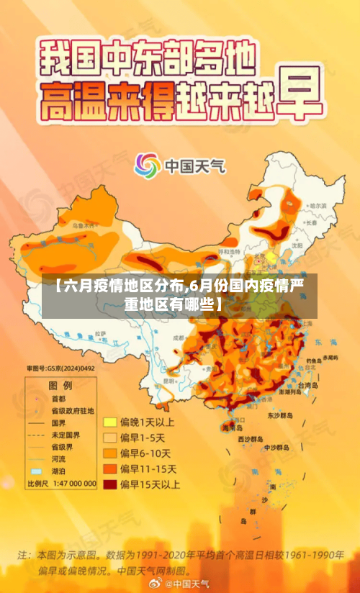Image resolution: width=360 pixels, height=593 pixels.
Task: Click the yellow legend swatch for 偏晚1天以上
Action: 110,421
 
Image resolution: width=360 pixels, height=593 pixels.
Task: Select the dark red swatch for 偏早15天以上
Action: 110,485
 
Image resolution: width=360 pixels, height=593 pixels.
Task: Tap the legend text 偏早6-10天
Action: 146,453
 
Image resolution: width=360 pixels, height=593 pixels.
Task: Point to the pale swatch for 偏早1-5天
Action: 110,437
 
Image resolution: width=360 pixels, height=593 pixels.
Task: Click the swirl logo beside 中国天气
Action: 148,166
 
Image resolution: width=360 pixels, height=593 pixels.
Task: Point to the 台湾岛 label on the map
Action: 309,386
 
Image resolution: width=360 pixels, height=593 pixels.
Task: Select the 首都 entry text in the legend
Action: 58,398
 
